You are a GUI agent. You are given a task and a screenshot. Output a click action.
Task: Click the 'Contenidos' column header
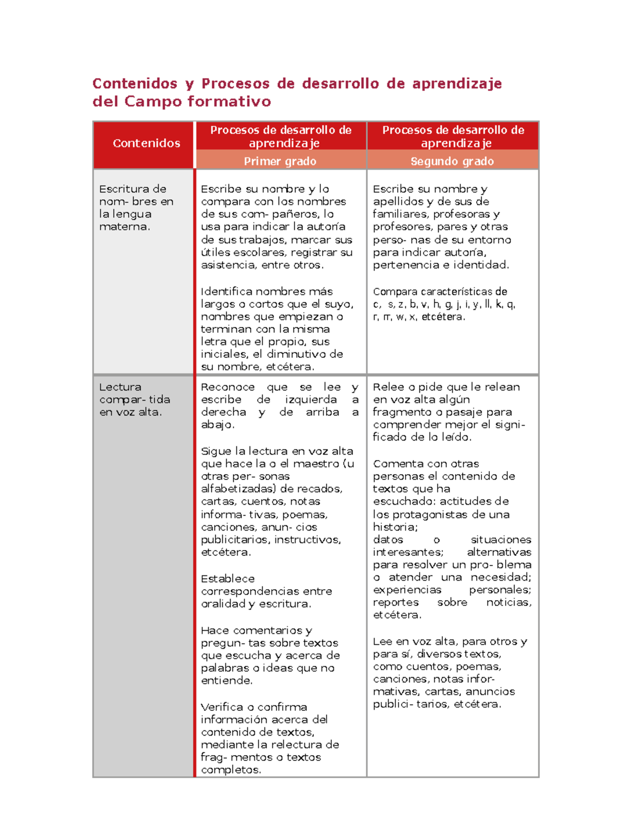click(146, 143)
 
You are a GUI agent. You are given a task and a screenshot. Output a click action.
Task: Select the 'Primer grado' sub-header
click(280, 161)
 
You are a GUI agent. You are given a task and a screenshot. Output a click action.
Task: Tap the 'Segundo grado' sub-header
click(452, 161)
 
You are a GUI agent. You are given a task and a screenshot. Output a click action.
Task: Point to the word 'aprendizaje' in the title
click(457, 83)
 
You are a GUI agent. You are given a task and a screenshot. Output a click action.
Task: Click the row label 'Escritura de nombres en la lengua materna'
click(136, 208)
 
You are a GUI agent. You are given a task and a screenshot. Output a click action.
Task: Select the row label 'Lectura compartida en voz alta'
click(134, 399)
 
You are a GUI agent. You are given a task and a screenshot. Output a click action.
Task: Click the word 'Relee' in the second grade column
click(387, 387)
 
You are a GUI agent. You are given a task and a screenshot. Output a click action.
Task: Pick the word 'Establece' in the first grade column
click(228, 579)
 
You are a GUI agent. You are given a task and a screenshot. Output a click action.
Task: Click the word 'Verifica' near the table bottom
click(224, 707)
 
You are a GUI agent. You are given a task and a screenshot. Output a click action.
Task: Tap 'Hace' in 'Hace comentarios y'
click(215, 630)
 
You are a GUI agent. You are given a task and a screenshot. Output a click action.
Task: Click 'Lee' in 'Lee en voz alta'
click(382, 641)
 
